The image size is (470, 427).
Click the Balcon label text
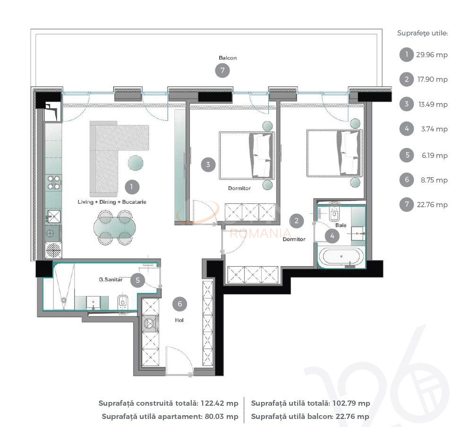pyautogui.click(x=228, y=58)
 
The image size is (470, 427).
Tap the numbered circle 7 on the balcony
pyautogui.click(x=222, y=71)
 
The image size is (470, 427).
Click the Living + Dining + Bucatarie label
pyautogui.click(x=112, y=202)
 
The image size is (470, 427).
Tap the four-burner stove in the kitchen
pyautogui.click(x=53, y=183)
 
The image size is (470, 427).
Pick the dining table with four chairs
pyautogui.click(x=112, y=227)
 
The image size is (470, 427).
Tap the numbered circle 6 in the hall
pyautogui.click(x=179, y=304)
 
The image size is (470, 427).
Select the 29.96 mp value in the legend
pyautogui.click(x=432, y=55)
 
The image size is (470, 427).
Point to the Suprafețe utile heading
pyautogui.click(x=422, y=33)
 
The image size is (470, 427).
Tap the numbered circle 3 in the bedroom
pyautogui.click(x=208, y=165)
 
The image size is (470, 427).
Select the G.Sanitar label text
pyautogui.click(x=111, y=280)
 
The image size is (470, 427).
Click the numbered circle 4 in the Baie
pyautogui.click(x=332, y=235)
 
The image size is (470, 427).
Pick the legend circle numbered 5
pyautogui.click(x=406, y=155)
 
